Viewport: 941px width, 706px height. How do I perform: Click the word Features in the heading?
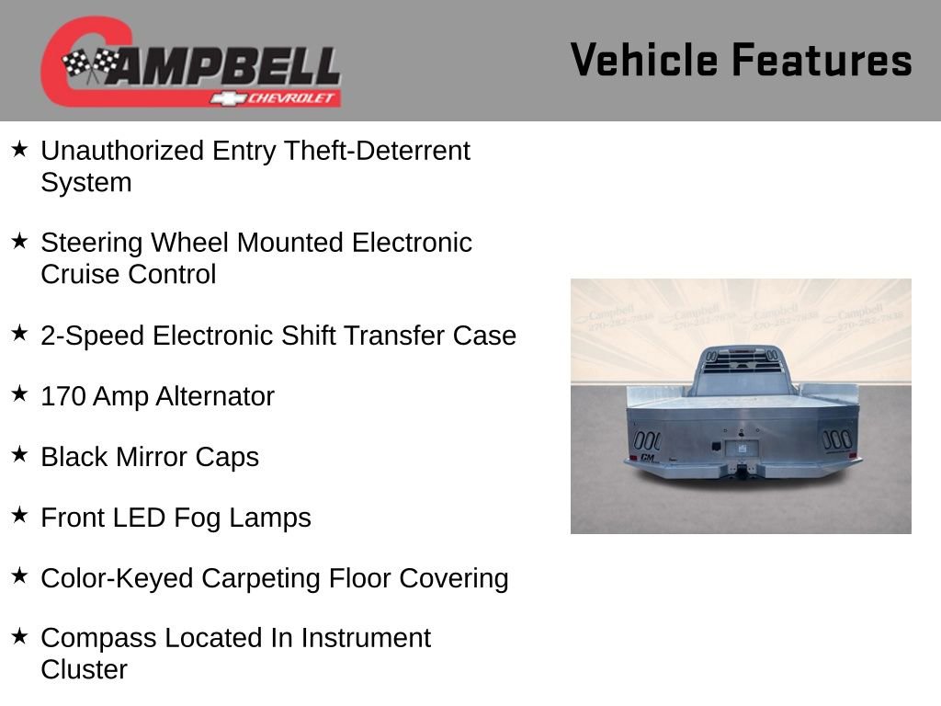tap(822, 60)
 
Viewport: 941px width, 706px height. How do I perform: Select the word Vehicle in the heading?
tap(643, 60)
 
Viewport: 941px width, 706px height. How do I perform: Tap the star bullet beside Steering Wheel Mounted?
tap(20, 241)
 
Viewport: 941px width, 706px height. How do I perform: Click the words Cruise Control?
tap(129, 275)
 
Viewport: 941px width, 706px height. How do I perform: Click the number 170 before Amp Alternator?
tap(62, 397)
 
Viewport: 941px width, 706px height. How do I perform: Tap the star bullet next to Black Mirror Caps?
tap(20, 455)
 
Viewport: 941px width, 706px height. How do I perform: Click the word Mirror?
tap(155, 458)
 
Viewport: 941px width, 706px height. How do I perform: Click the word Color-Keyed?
tap(117, 579)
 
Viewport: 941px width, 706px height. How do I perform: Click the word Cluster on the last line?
tap(84, 670)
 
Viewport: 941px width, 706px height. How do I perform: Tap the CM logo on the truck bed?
tap(647, 457)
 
